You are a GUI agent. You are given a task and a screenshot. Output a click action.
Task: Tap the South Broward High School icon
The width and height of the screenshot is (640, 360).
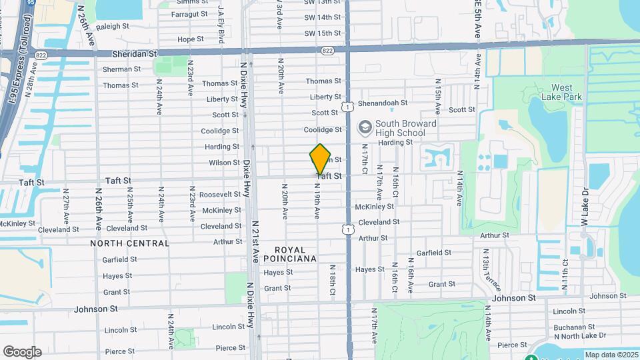coord(365,127)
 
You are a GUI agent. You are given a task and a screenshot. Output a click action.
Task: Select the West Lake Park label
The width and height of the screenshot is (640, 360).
coord(566,92)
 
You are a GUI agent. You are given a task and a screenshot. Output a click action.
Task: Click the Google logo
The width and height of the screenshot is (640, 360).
coord(22,351)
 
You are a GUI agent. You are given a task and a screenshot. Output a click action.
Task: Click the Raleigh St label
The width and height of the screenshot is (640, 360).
coord(112,26)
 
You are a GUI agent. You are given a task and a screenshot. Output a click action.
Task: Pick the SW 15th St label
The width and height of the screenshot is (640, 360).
coord(323,33)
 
